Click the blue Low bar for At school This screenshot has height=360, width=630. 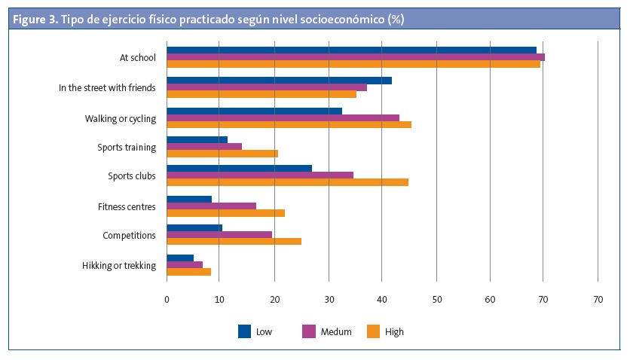351,50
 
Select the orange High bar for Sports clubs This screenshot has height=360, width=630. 287,182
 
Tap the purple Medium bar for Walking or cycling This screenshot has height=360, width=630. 283,117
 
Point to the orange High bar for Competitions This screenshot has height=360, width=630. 234,241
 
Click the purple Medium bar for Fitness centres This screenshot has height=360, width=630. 211,206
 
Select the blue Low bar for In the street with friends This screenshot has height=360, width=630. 279,80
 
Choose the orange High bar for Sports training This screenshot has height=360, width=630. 222,154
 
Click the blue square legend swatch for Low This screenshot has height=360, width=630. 244,331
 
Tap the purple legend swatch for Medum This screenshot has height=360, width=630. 309,331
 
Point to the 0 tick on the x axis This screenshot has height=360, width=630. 167,300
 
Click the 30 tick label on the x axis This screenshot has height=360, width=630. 329,300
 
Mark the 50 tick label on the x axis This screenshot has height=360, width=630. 436,300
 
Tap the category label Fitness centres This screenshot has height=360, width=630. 127,206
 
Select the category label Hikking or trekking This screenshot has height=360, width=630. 118,265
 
